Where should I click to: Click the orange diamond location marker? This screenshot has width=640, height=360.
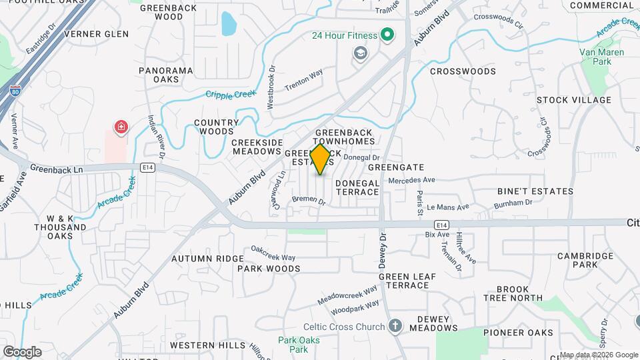[321, 159]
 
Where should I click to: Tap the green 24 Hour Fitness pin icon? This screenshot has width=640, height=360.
[386, 35]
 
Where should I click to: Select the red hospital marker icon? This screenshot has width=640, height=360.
[121, 127]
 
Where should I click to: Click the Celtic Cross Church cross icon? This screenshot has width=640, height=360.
[395, 326]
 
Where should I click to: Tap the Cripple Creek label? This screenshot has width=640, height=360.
[230, 95]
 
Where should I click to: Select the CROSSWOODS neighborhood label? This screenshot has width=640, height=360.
[463, 71]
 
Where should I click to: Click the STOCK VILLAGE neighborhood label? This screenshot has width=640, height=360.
[574, 100]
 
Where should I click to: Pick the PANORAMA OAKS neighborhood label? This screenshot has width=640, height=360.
[165, 75]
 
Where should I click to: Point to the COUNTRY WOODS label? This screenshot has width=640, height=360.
[216, 127]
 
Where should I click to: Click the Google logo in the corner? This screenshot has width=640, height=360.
[22, 351]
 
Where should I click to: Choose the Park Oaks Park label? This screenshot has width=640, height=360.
[294, 345]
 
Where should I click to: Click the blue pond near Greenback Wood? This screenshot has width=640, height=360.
[229, 23]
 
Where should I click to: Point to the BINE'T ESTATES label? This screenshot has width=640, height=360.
[535, 191]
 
